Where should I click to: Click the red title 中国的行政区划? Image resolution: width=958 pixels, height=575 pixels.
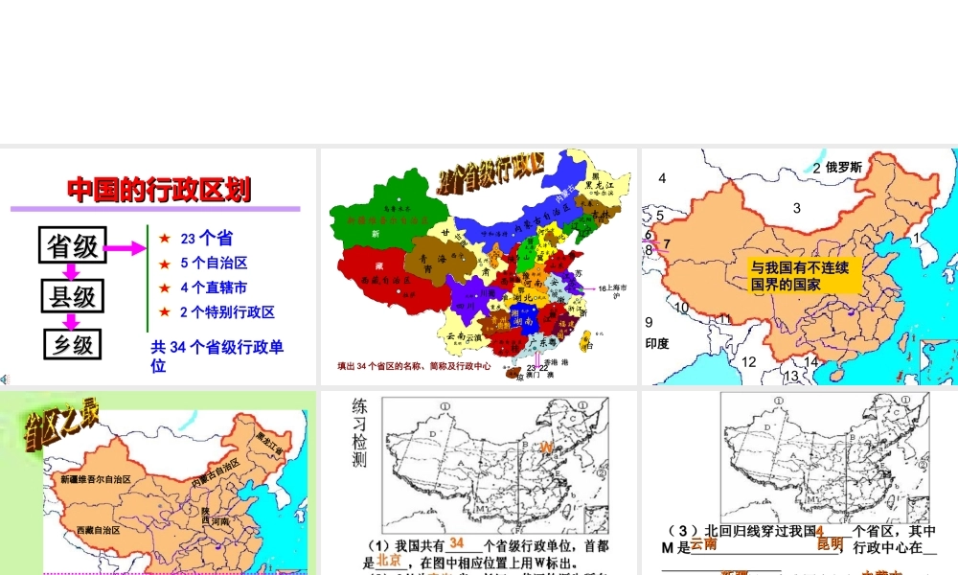pos(159,190)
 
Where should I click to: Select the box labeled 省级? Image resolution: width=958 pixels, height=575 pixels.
pos(73,246)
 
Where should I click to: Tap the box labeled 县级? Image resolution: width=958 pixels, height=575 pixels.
pos(73,296)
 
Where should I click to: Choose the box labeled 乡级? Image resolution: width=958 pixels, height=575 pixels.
pos(73,343)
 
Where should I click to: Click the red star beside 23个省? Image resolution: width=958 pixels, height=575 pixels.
pos(165,239)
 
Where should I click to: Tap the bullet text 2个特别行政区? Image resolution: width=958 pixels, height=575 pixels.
pos(227,312)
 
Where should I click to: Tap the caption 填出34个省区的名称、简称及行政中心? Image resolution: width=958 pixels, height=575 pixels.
pos(414,366)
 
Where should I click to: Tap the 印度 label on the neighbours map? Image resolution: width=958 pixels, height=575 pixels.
pos(657,343)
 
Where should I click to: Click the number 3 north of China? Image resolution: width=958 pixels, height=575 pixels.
pos(796,208)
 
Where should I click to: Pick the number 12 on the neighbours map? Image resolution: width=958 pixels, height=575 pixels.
pos(749,361)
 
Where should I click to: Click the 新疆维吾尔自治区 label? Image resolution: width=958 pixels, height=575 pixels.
pos(95,479)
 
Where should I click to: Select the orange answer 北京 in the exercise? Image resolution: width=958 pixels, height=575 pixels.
pos(387,560)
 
